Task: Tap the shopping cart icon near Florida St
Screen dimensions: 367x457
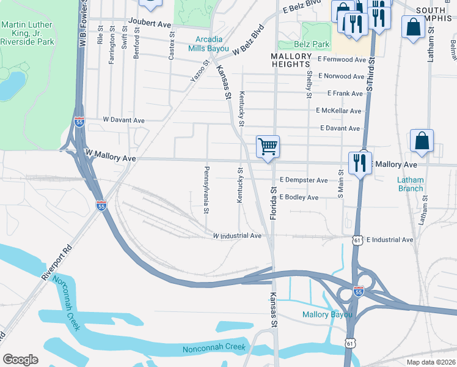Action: click(x=268, y=147)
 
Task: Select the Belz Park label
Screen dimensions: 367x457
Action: click(x=312, y=44)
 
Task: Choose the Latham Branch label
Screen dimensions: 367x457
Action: click(x=410, y=184)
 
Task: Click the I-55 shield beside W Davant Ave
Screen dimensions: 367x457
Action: click(x=79, y=122)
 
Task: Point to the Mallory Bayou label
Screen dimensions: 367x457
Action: click(x=327, y=314)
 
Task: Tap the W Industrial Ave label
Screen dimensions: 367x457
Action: click(x=237, y=235)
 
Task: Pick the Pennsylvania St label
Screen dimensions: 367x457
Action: click(x=207, y=190)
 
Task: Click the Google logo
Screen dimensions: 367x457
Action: click(x=20, y=360)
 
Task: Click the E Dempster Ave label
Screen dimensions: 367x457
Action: click(x=304, y=180)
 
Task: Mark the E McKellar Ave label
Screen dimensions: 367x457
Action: click(x=338, y=111)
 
